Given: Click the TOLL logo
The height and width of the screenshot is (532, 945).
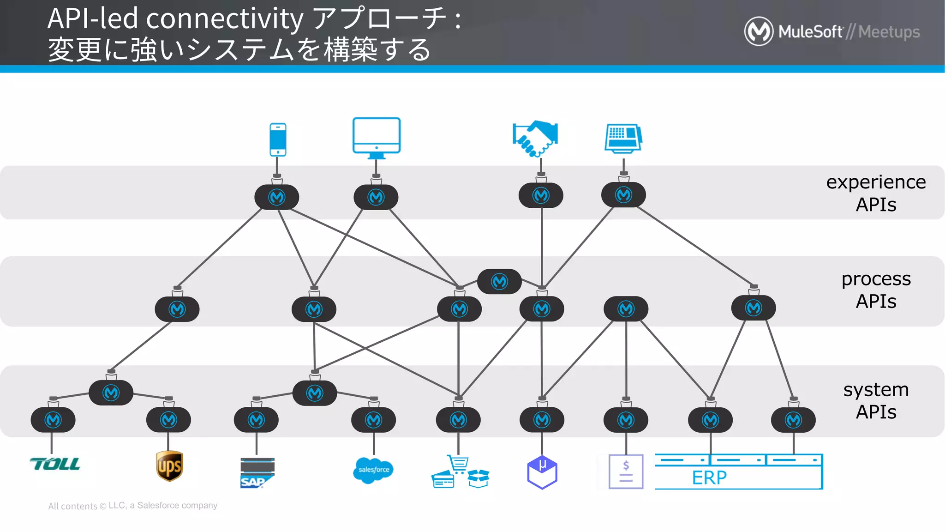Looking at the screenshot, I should point(55,464).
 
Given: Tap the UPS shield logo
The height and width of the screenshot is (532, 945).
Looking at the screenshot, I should point(169,466).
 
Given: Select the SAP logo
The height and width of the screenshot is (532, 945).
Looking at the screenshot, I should point(257,473).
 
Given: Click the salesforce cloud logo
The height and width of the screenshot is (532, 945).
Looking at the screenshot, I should point(373,470).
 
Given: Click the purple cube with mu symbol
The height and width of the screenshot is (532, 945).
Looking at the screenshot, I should point(542,472).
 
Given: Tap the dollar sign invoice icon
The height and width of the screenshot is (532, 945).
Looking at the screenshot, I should point(626,472).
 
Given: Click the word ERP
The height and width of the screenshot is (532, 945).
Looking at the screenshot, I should point(709,478).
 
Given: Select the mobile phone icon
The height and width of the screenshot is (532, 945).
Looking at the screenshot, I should point(278,139).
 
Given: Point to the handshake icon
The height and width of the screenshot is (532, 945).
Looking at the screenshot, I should point(535,138).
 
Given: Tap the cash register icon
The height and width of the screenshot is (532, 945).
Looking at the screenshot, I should point(623,138).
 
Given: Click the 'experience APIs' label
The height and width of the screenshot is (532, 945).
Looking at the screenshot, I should point(875,193).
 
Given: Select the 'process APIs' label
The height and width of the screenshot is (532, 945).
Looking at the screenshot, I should point(875,290).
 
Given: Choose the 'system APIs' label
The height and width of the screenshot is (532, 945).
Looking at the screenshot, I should point(875,400).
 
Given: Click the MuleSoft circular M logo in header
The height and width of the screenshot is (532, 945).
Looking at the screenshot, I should point(758,31).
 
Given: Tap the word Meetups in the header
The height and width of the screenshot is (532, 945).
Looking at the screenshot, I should point(889,32).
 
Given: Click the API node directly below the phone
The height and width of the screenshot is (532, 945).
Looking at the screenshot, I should point(277,197).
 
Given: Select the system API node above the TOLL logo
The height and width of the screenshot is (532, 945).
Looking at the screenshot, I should point(53,420).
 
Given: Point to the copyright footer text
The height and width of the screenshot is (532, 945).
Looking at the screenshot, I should point(132,506).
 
